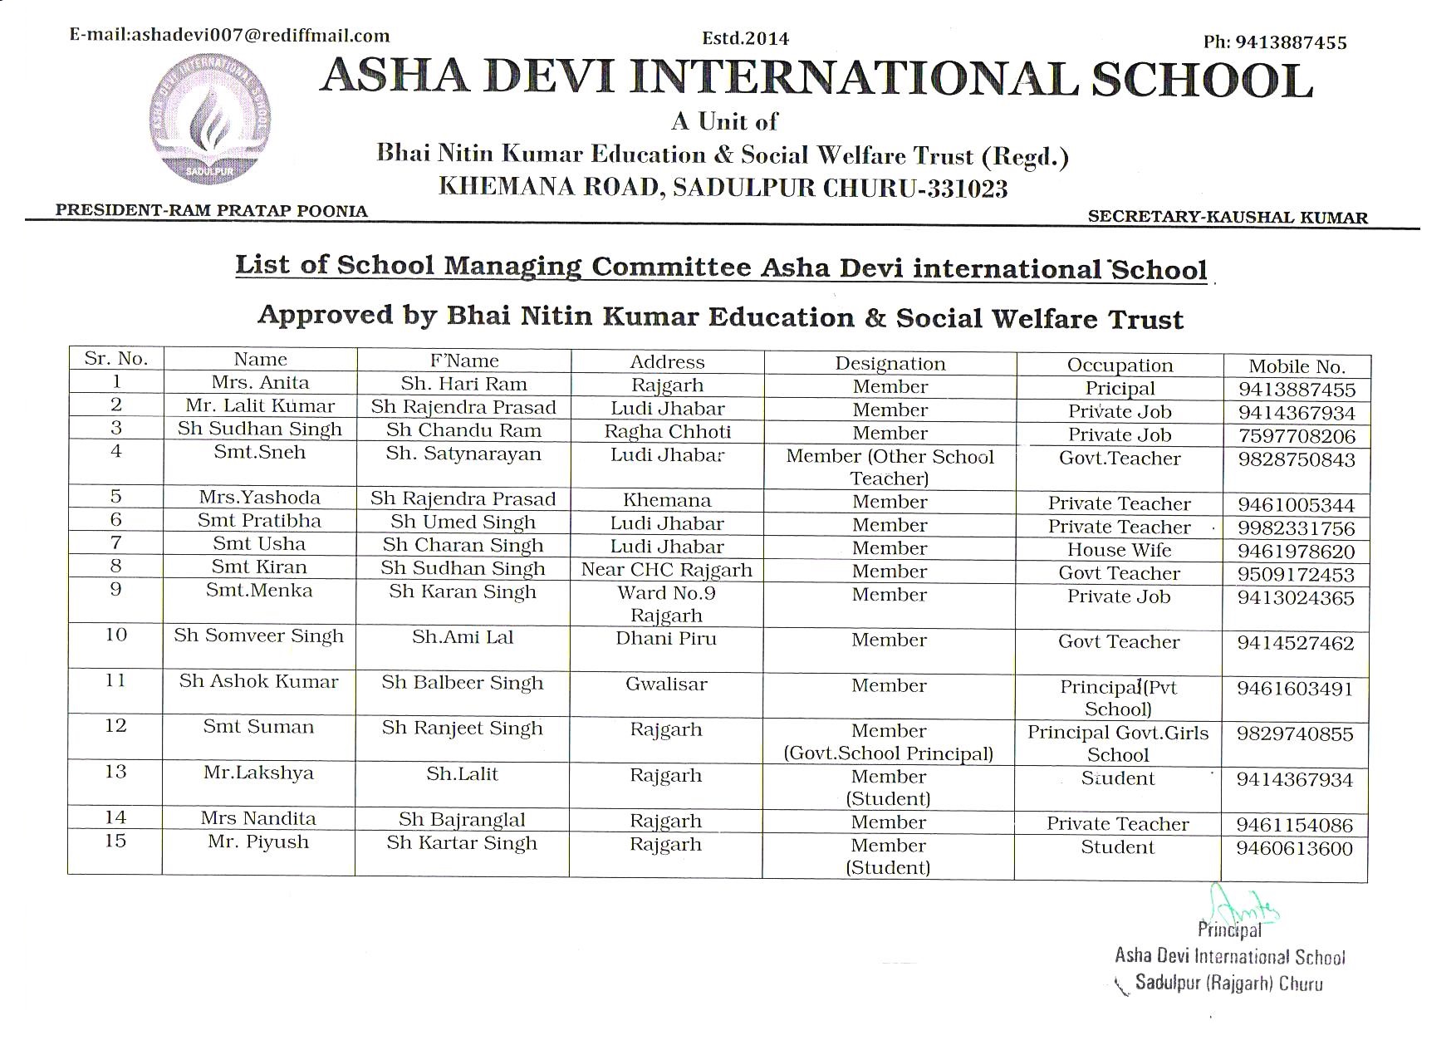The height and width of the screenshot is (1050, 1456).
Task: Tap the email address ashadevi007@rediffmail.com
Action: tap(229, 35)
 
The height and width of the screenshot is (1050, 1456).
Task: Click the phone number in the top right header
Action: tap(1274, 42)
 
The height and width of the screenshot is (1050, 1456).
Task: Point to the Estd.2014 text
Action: tap(745, 38)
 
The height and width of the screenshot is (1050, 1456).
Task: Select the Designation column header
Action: tap(890, 364)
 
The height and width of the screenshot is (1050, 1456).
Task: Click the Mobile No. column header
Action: tap(1296, 366)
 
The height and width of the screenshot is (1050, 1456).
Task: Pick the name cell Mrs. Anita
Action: tap(260, 382)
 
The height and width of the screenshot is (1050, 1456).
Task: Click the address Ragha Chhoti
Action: tap(667, 431)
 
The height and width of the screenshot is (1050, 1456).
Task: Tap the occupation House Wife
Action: tap(1119, 550)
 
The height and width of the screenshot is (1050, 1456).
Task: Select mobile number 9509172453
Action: tap(1296, 574)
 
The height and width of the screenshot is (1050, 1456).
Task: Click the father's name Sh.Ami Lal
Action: tap(463, 637)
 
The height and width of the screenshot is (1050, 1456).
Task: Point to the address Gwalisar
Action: tap(666, 684)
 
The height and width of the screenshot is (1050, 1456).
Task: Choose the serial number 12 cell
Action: tap(115, 725)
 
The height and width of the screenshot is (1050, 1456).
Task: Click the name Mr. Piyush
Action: tap(258, 841)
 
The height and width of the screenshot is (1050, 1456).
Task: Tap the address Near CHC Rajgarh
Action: tap(666, 570)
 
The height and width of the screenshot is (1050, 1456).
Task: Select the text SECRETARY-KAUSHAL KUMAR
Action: tap(1227, 218)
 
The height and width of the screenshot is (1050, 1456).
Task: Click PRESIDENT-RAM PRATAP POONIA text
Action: tap(211, 211)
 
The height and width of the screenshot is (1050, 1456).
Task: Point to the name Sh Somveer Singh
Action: tap(258, 635)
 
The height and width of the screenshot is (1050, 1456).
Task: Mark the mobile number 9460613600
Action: tap(1294, 848)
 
